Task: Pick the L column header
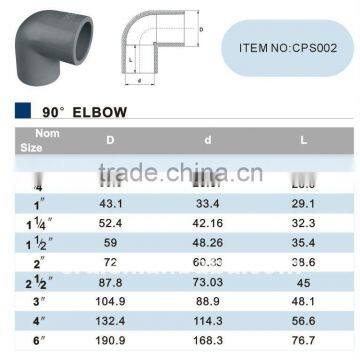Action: pos(301,140)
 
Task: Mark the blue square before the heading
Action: pos(22,113)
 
